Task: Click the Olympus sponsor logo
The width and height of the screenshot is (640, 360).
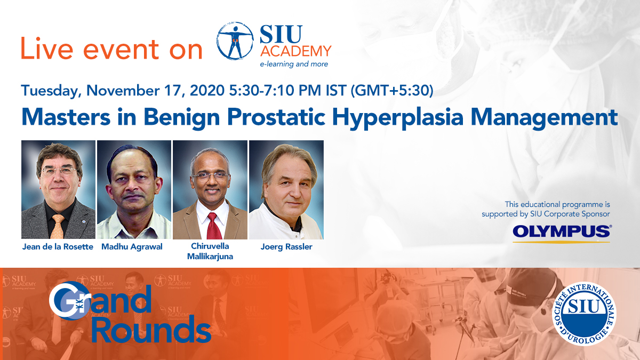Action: tap(562, 234)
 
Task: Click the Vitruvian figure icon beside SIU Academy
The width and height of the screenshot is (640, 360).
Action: tap(235, 41)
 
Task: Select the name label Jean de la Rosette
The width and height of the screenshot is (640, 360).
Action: tap(58, 246)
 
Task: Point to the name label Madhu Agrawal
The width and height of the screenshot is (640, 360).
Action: tap(132, 246)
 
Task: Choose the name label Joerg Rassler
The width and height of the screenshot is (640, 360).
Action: tap(286, 246)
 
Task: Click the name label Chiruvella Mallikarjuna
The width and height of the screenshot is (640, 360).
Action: tap(210, 251)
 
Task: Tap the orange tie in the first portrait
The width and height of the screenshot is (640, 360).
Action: tap(58, 227)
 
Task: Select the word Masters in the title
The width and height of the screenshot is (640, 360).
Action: tap(66, 117)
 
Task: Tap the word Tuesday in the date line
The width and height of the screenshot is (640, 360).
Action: tap(50, 91)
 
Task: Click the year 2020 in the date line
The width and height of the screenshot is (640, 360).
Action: tap(207, 90)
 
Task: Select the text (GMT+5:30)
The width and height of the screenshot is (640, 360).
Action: tap(391, 91)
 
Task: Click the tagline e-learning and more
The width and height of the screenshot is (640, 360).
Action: tap(294, 64)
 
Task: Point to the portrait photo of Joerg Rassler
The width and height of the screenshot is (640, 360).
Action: tap(286, 190)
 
